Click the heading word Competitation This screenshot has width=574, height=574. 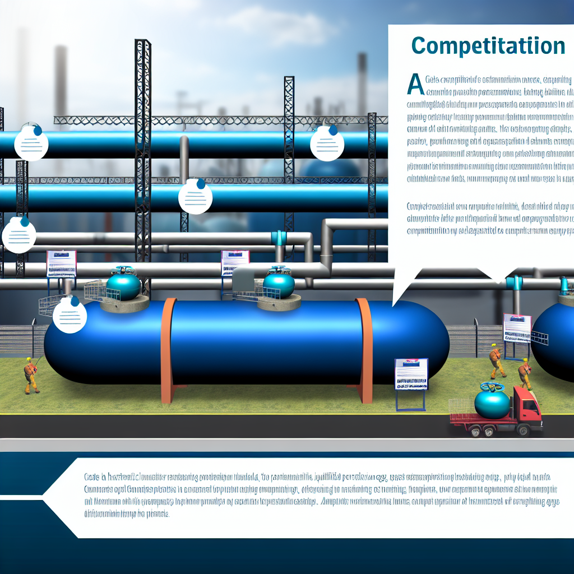point(488,46)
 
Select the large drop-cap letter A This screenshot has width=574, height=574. point(415,85)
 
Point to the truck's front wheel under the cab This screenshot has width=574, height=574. point(523,430)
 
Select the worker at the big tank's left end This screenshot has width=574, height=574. point(30,375)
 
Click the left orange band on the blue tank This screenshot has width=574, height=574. point(167,351)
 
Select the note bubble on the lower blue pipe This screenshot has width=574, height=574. point(195,197)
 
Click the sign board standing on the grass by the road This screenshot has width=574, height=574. point(411,374)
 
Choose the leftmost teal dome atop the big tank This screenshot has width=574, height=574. point(123,285)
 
